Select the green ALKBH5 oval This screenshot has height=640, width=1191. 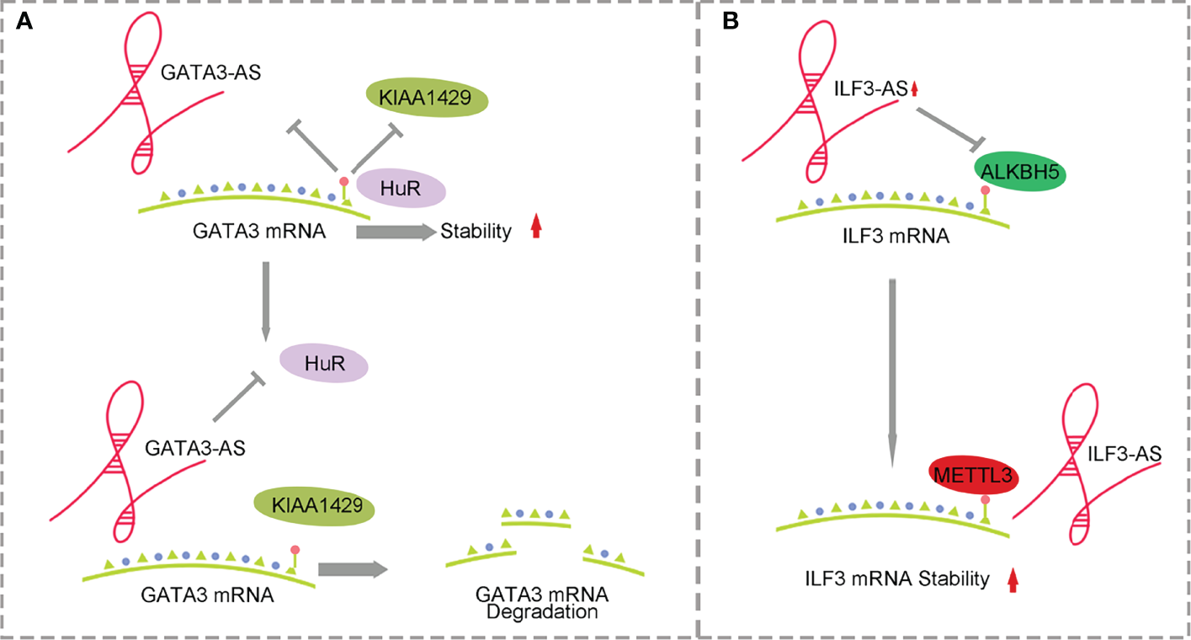[1021, 174]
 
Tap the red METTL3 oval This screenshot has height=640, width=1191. [973, 477]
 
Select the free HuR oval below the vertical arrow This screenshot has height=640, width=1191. [322, 364]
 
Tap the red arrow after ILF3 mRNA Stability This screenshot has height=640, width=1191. [1013, 579]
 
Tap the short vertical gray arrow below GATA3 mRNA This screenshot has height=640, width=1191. [266, 299]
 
